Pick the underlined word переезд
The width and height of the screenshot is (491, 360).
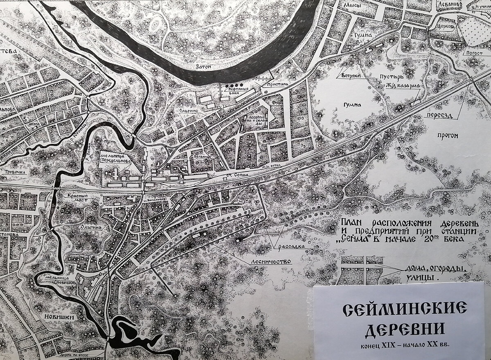point(438,115)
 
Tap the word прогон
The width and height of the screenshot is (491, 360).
point(447,136)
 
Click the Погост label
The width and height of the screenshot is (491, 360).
point(471,53)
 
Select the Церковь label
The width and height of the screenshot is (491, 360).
point(446,25)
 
